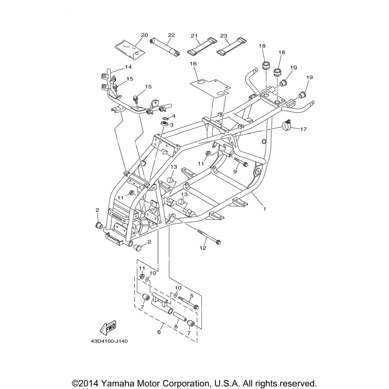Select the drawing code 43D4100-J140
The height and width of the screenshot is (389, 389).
(x=109, y=341)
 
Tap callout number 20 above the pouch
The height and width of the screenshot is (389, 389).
(x=144, y=35)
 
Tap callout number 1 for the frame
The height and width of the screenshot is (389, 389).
(x=265, y=209)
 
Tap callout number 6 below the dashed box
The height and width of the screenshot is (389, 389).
(x=159, y=332)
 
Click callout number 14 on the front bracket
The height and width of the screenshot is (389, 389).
(x=128, y=67)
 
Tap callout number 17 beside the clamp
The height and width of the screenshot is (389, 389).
(x=303, y=129)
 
